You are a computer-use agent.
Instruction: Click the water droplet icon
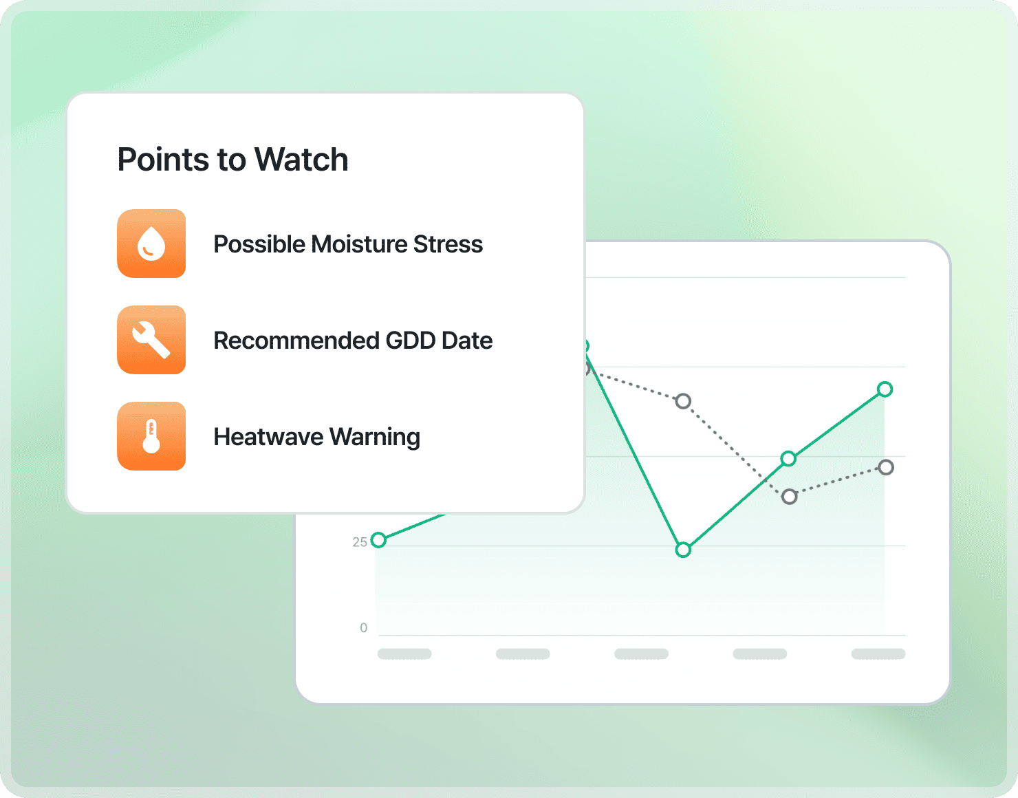(x=151, y=244)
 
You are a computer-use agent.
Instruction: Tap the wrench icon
(x=151, y=340)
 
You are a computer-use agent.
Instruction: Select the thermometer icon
(x=151, y=436)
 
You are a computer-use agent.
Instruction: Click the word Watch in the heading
(x=301, y=160)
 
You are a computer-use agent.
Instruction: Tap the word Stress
(x=448, y=244)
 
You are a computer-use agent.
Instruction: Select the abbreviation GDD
(x=411, y=341)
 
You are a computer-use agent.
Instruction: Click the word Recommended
(x=296, y=341)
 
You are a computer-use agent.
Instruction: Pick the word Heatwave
(x=268, y=437)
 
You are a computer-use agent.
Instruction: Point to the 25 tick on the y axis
(x=360, y=542)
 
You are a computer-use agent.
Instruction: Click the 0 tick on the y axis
(x=364, y=628)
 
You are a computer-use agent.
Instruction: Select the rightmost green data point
(x=885, y=389)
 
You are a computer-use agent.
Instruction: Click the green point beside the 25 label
(x=378, y=540)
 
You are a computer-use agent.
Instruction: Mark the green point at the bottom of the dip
(x=684, y=550)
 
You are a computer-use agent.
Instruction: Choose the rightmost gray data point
(x=886, y=467)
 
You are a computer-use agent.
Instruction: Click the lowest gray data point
(x=790, y=497)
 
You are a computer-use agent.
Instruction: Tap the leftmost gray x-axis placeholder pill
(x=404, y=654)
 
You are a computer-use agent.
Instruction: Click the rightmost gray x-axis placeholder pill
(x=878, y=654)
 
